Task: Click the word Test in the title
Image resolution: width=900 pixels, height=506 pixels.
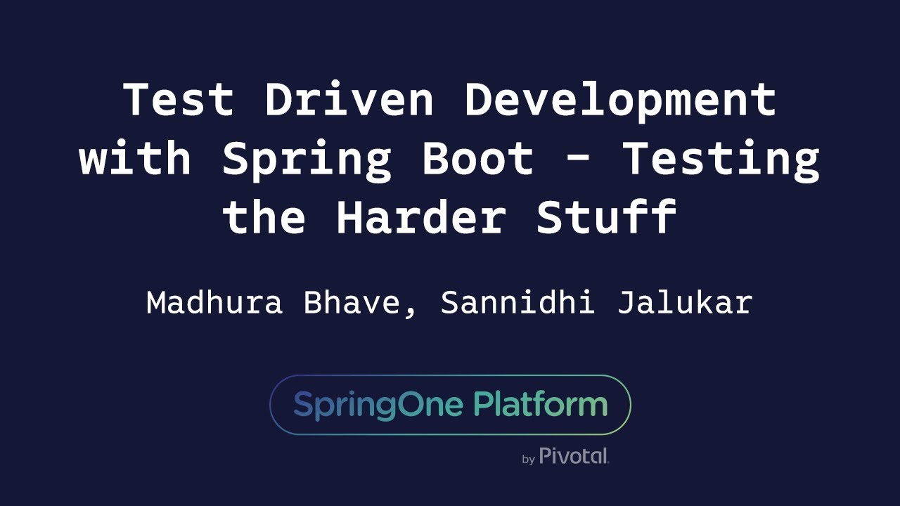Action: point(179,99)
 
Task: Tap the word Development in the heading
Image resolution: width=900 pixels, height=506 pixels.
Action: point(619,99)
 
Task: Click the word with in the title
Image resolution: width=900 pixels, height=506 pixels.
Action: point(136,159)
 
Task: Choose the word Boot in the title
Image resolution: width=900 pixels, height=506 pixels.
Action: point(477,159)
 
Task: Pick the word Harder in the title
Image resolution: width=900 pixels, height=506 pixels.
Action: point(420,218)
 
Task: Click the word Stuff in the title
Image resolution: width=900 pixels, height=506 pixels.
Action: point(606,218)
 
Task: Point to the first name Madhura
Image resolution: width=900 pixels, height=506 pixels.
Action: point(214,303)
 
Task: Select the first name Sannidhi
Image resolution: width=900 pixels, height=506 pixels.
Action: point(517,303)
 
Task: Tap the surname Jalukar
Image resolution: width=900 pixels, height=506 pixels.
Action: point(685,303)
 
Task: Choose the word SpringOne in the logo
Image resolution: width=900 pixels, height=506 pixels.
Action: point(378,406)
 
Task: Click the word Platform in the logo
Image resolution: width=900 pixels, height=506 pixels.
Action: point(540,406)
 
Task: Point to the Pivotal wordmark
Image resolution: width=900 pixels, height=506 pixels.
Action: point(574,456)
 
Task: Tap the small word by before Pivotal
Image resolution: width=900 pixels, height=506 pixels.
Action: point(529,460)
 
